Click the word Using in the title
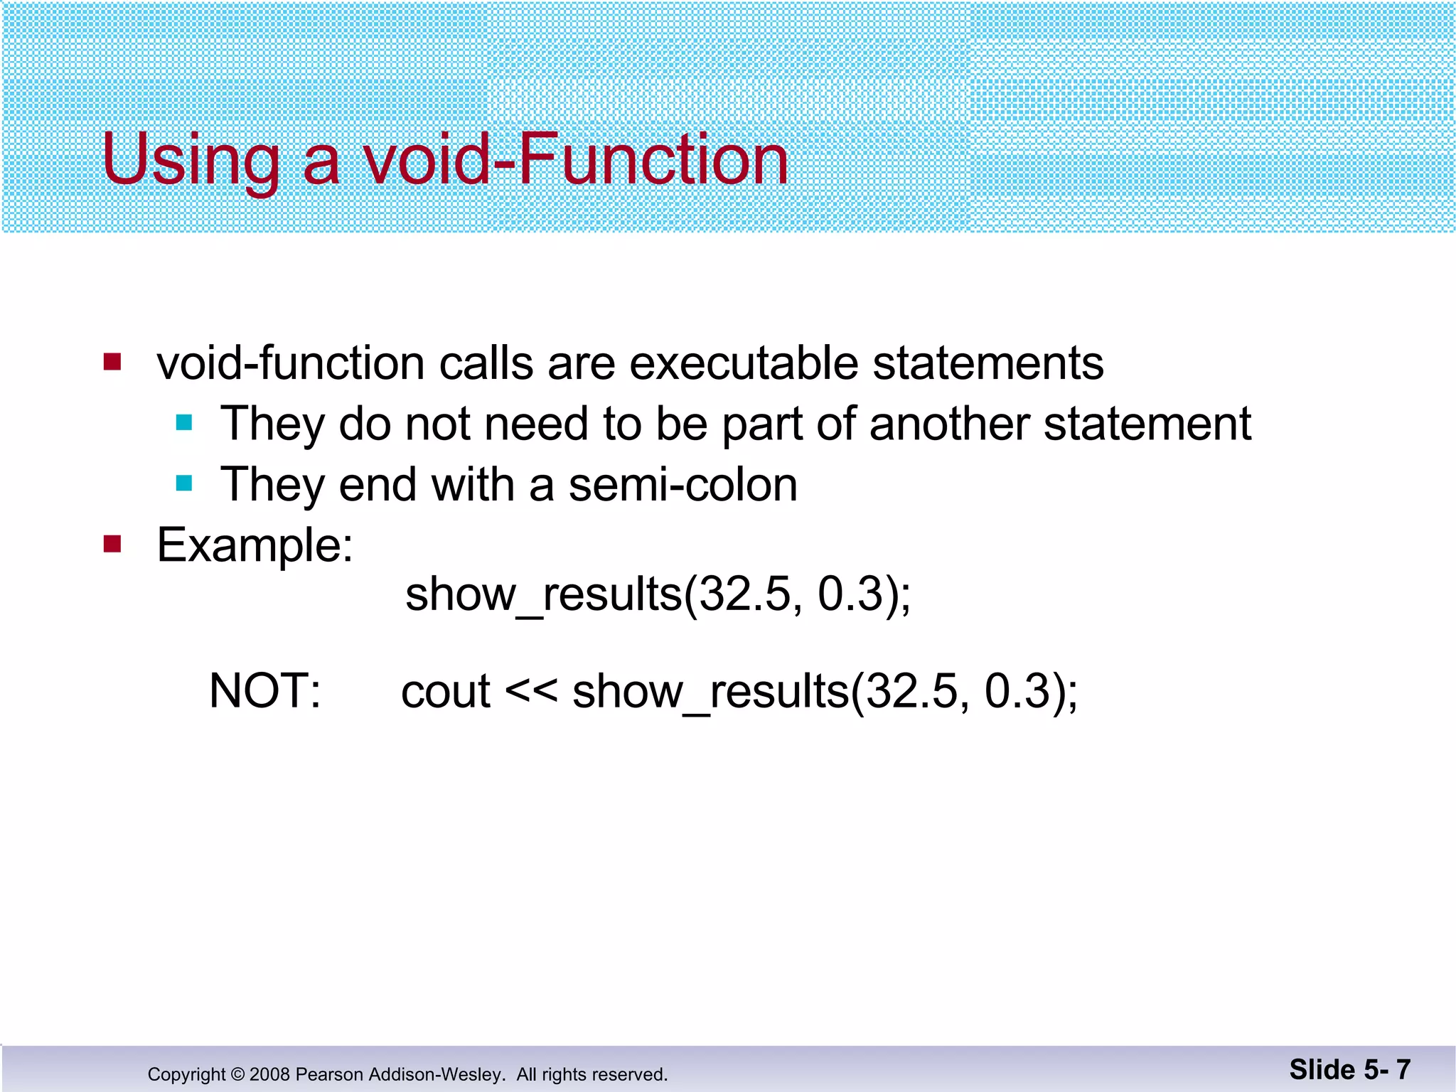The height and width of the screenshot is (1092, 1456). (191, 160)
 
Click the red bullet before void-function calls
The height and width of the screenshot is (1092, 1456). (112, 362)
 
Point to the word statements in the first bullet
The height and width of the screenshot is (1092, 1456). (987, 363)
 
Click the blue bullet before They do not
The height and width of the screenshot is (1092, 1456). (184, 423)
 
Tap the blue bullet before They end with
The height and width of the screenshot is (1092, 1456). (184, 484)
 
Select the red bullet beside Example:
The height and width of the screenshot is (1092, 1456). (112, 545)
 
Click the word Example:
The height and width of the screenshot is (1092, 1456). (255, 546)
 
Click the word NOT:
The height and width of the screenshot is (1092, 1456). (264, 691)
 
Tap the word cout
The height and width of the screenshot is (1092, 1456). (445, 692)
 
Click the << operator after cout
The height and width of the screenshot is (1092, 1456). (530, 691)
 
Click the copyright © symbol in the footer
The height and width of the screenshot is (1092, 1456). (237, 1074)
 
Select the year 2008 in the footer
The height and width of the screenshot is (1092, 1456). (269, 1074)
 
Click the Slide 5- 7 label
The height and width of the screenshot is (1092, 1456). (1349, 1069)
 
